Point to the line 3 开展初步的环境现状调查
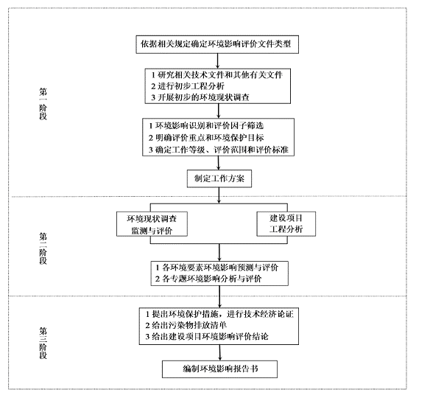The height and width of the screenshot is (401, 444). click(200, 97)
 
